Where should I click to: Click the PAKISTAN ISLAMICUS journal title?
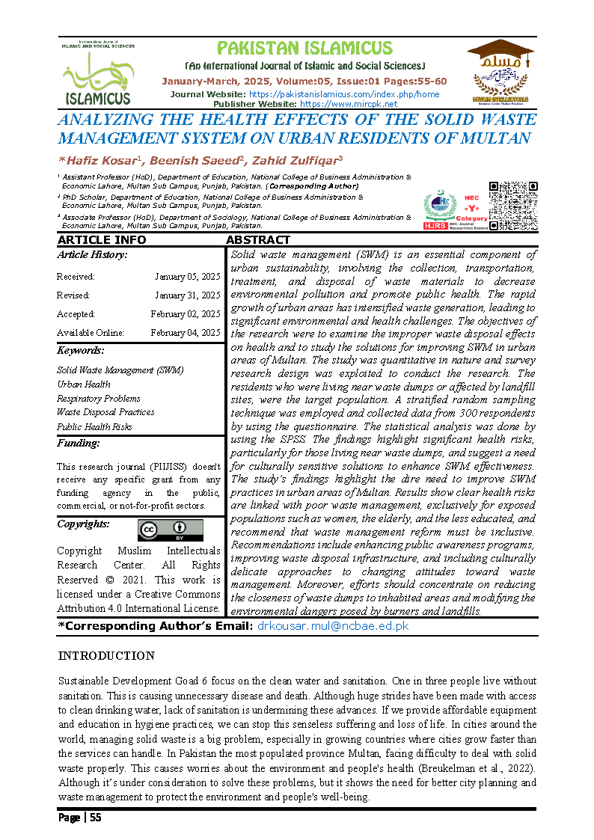[304, 49]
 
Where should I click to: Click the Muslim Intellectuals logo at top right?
[500, 71]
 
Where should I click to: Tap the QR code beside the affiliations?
[512, 205]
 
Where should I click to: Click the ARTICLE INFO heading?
[102, 240]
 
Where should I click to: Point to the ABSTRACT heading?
[257, 240]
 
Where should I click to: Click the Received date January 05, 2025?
[187, 277]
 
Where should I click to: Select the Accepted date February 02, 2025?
[185, 314]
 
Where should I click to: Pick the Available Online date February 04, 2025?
[185, 333]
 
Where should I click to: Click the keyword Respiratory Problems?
[99, 398]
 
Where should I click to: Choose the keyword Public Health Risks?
[94, 426]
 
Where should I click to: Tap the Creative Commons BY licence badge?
[170, 530]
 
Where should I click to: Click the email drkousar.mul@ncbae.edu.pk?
[333, 625]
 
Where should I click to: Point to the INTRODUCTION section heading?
[106, 656]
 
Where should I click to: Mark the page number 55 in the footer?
[95, 818]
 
